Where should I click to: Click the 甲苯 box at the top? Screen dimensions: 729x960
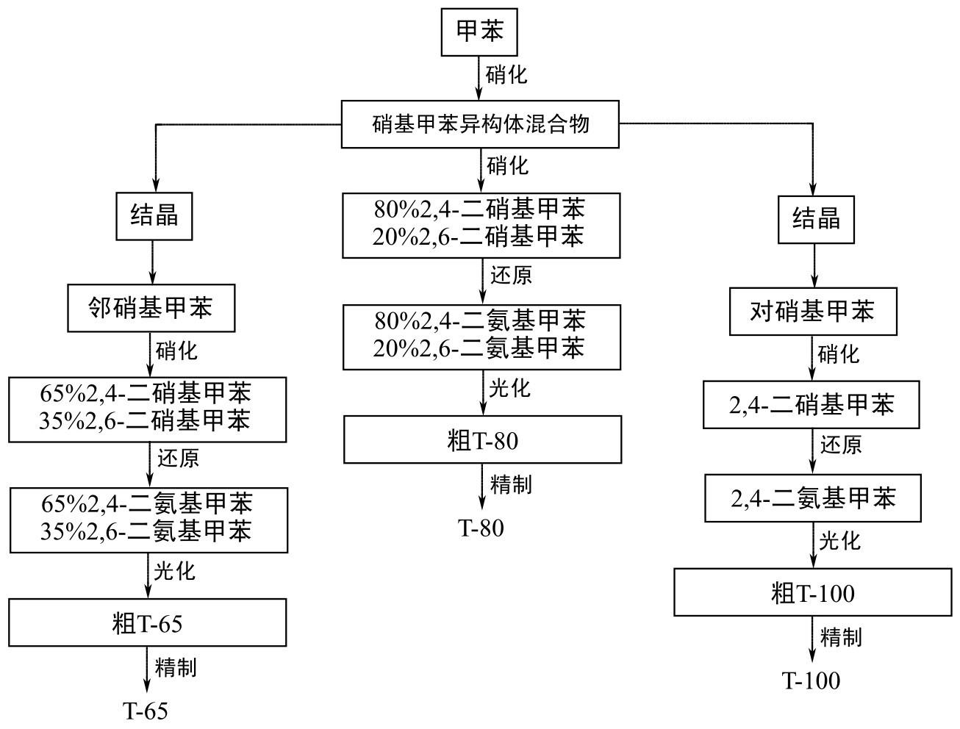click(x=479, y=32)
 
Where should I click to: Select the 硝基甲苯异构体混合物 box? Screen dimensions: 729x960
click(x=480, y=124)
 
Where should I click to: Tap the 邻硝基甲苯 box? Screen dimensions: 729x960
click(x=151, y=307)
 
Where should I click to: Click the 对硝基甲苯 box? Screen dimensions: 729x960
click(x=812, y=312)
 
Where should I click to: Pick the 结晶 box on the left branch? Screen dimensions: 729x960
click(x=154, y=216)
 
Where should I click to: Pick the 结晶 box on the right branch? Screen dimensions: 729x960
click(x=816, y=219)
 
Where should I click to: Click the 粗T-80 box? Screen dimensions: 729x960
click(x=482, y=439)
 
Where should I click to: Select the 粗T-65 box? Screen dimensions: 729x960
click(x=147, y=622)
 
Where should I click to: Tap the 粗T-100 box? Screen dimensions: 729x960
click(x=812, y=592)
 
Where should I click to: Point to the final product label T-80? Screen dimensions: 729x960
click(x=481, y=528)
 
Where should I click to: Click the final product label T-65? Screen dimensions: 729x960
click(x=146, y=711)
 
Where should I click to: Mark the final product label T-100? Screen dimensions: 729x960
click(x=811, y=680)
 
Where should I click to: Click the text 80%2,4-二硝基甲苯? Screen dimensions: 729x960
click(x=479, y=210)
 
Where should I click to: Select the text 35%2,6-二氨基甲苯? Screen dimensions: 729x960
click(x=146, y=531)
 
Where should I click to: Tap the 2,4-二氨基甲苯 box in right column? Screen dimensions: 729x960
click(x=813, y=498)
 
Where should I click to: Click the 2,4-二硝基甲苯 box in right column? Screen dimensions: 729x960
click(x=812, y=404)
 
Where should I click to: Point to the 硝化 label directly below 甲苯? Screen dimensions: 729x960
click(x=506, y=75)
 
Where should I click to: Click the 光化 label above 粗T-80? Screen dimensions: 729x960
click(x=509, y=388)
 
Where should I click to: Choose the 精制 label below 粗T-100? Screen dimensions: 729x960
click(x=841, y=636)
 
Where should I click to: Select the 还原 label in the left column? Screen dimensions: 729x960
click(x=178, y=459)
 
